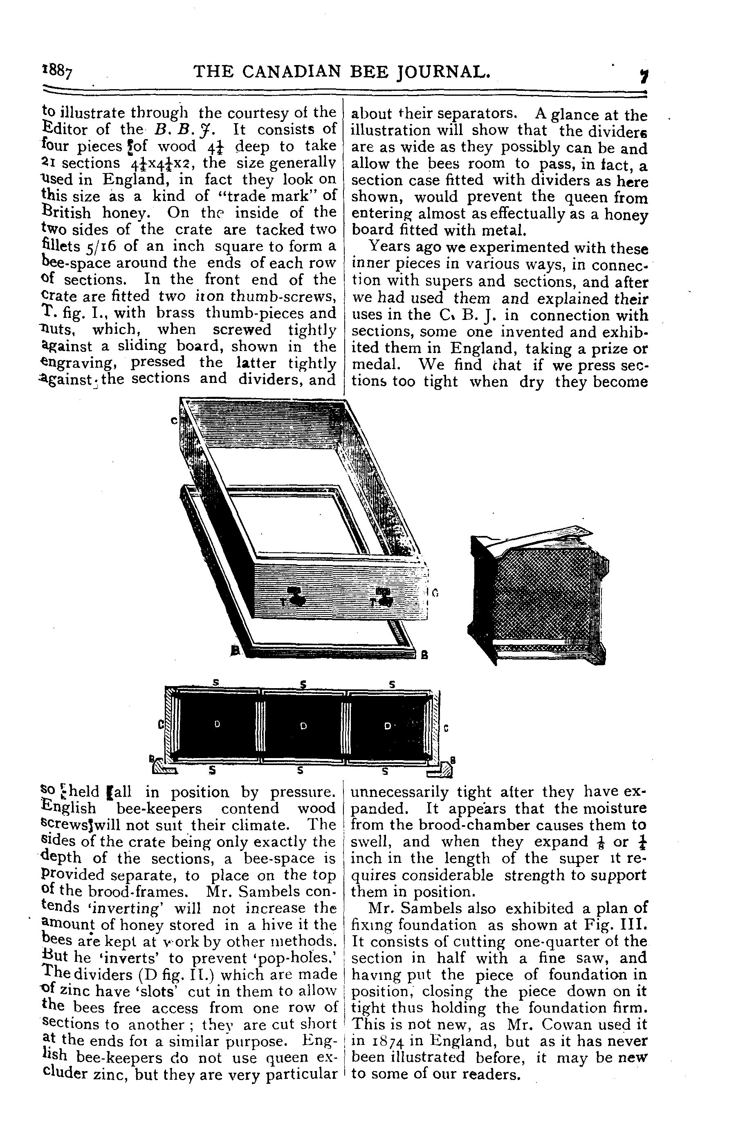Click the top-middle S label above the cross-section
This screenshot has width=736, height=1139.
303,685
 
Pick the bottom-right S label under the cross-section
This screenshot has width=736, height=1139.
385,771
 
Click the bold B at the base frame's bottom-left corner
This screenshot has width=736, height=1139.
235,651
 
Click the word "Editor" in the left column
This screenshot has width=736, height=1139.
65,129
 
